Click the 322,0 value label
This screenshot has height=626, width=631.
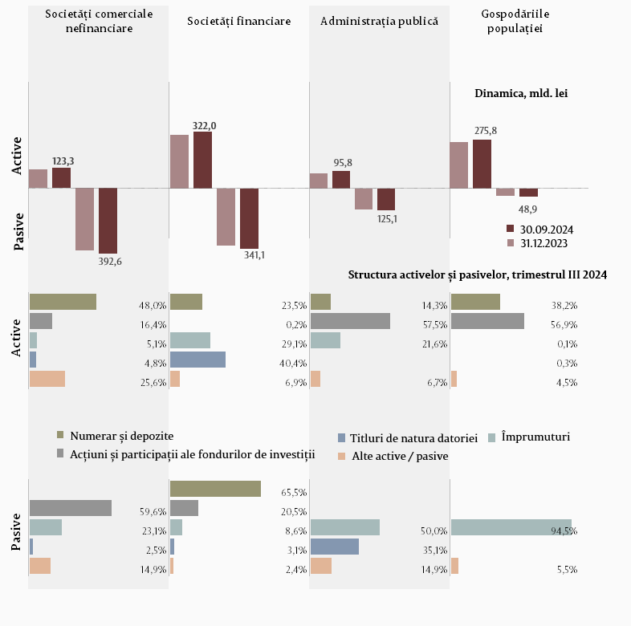pyautogui.click(x=204, y=125)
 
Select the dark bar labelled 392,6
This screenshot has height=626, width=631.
pyautogui.click(x=108, y=221)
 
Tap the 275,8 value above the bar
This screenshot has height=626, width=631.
pyautogui.click(x=486, y=131)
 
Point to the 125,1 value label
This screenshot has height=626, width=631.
pyautogui.click(x=388, y=218)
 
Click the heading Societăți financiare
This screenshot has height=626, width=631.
pyautogui.click(x=238, y=20)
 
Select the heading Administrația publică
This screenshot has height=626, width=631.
pyautogui.click(x=379, y=20)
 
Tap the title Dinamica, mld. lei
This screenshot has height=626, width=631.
pyautogui.click(x=521, y=93)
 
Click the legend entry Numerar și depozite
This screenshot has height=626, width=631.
pyautogui.click(x=121, y=435)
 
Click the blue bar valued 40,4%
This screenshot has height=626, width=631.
pyautogui.click(x=197, y=360)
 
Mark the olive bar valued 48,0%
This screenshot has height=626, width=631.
pyautogui.click(x=63, y=302)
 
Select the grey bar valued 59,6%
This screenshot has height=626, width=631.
pyautogui.click(x=71, y=508)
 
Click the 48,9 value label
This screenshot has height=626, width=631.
pyautogui.click(x=528, y=209)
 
